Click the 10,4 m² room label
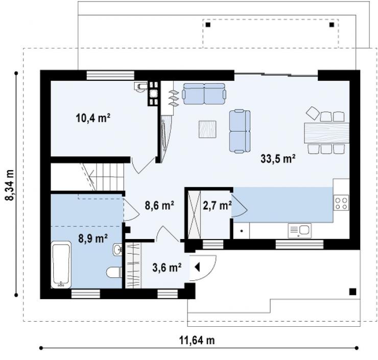pos(93,118)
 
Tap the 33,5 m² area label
pos(278,159)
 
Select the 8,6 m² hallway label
pos(159,206)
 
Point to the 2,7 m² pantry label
pos(217,206)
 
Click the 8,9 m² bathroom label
pos(93,238)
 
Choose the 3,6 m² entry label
pos(167,267)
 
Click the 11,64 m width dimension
pos(197,341)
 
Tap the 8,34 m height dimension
pos(9,185)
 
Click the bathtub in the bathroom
pos(61,265)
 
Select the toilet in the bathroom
pos(114,272)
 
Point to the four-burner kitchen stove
pos(341,203)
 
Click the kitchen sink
pos(300,231)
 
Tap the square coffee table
pos(207,129)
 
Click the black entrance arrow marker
pos(197,267)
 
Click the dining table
pos(326,133)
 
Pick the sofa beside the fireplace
pos(204,94)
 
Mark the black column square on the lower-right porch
pos(352,292)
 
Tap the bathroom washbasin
pos(117,249)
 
